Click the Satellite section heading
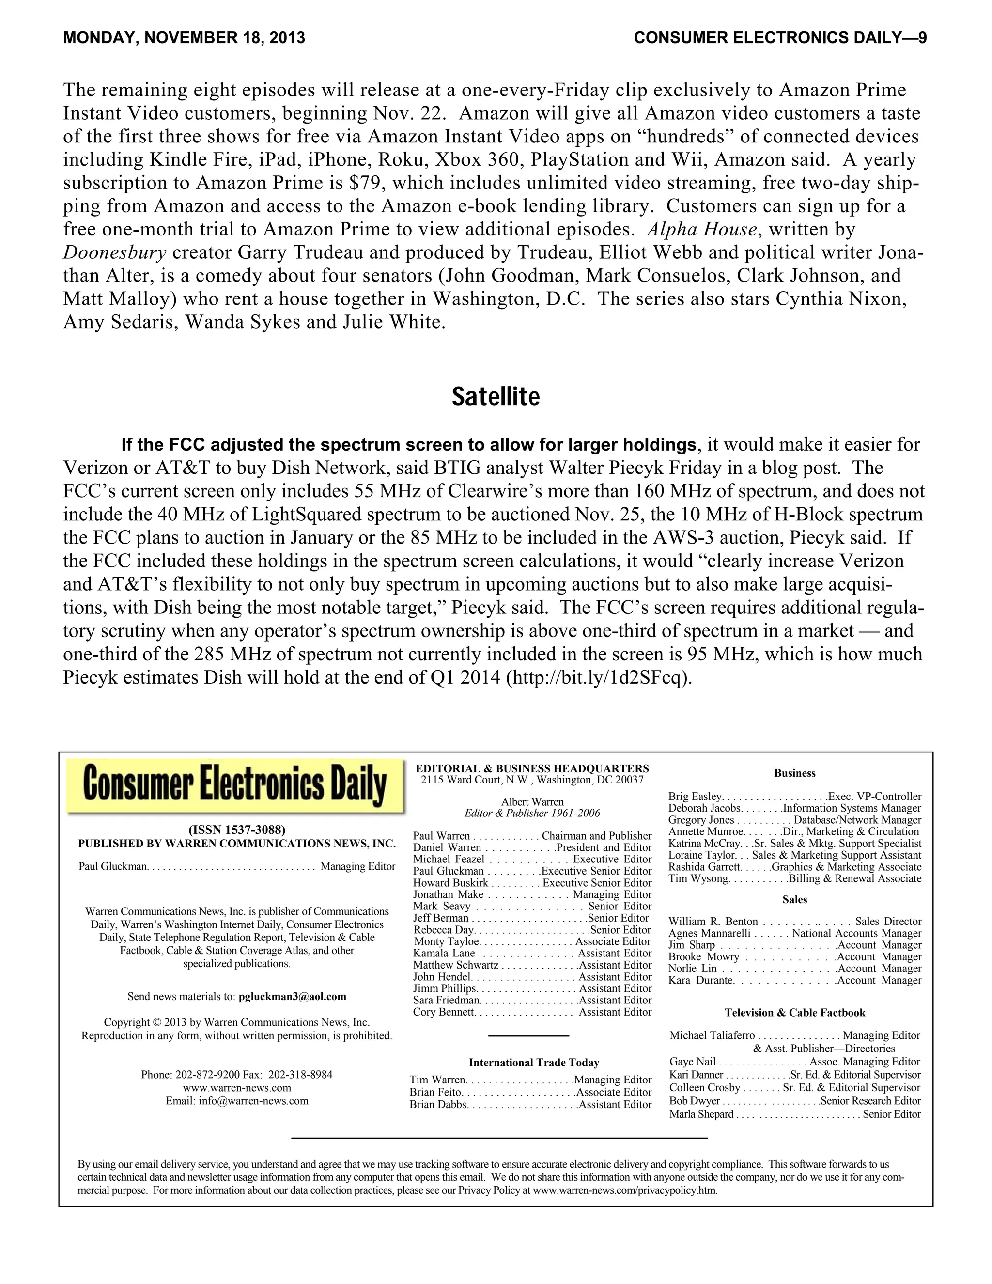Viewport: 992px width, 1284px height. (496, 397)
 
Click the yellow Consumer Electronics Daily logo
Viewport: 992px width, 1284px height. (235, 786)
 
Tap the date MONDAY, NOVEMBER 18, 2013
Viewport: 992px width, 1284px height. (184, 38)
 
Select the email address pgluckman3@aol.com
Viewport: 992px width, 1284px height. (292, 997)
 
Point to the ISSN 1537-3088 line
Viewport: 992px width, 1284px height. (237, 830)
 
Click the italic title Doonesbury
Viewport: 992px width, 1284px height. (115, 252)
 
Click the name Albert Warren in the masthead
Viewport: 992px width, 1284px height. (532, 802)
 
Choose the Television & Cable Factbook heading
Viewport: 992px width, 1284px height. (794, 1012)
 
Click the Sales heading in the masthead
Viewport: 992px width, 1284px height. (794, 899)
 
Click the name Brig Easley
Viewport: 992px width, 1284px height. (695, 797)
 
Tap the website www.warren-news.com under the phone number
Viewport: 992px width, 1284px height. (237, 1088)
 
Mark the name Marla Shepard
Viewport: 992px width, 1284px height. (701, 1114)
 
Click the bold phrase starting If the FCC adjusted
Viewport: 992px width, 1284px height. (408, 444)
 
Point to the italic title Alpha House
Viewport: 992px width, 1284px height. (713, 229)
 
